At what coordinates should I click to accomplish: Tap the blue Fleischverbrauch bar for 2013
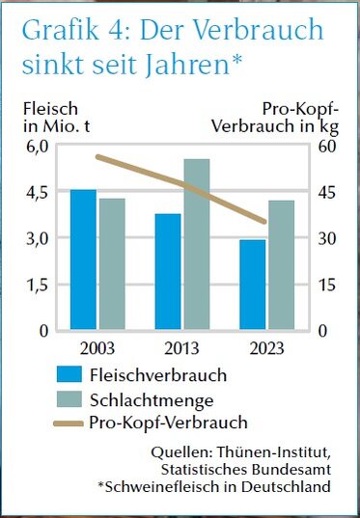click(168, 272)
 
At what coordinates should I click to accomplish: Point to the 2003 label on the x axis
click(97, 347)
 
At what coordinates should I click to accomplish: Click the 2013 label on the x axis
click(181, 347)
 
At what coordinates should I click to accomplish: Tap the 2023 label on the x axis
click(266, 347)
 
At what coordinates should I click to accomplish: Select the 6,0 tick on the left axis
click(37, 146)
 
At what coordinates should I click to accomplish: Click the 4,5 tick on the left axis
click(37, 192)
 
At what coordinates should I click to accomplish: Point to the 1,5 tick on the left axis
click(37, 285)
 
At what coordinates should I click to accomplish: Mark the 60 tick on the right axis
click(327, 146)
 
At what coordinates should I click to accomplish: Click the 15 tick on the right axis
click(327, 285)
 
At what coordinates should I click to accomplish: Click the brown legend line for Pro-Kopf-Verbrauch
click(69, 422)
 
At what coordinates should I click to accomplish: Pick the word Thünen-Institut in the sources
click(284, 451)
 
